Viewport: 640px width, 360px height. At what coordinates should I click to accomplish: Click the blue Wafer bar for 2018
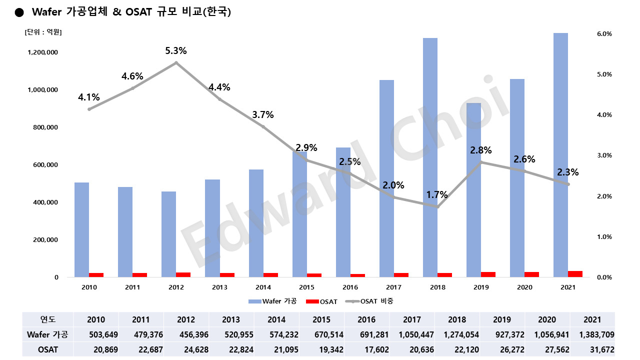430,157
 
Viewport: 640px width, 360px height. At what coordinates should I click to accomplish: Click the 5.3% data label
176,51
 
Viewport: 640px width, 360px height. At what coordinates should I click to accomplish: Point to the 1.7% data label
437,194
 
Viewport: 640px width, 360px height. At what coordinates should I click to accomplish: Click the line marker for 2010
89,109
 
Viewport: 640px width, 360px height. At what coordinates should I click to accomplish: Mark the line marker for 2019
481,162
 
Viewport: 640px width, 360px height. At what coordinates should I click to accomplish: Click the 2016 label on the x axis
350,287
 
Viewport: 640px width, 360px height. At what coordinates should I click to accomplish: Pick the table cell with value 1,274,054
457,334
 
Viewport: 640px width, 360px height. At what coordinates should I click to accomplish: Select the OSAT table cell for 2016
367,349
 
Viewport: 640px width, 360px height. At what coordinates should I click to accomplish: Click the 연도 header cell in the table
47,319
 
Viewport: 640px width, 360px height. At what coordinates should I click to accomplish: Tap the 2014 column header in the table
276,319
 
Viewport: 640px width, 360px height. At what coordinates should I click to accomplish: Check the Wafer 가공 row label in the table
47,334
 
